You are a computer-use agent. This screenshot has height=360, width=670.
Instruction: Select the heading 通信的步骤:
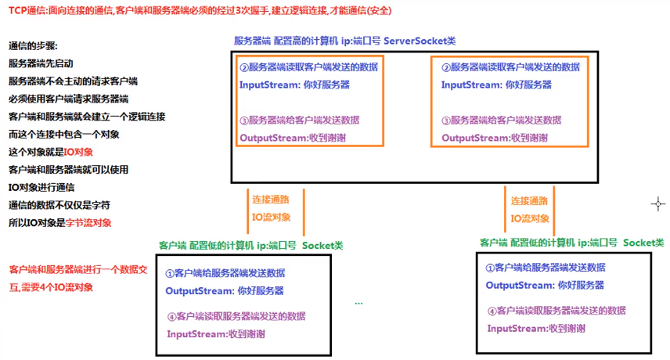pyautogui.click(x=33, y=46)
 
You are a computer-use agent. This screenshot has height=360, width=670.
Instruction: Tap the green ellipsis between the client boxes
pyautogui.click(x=358, y=302)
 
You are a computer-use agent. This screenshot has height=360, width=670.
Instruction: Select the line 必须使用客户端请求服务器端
pyautogui.click(x=68, y=99)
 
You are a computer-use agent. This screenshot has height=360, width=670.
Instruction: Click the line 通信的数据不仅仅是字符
pyautogui.click(x=59, y=205)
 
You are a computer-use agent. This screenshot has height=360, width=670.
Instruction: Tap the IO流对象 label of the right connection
pyautogui.click(x=530, y=218)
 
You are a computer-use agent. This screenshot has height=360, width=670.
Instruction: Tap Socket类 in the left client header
pyautogui.click(x=322, y=245)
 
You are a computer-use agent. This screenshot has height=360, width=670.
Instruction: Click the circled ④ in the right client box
pyautogui.click(x=492, y=311)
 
